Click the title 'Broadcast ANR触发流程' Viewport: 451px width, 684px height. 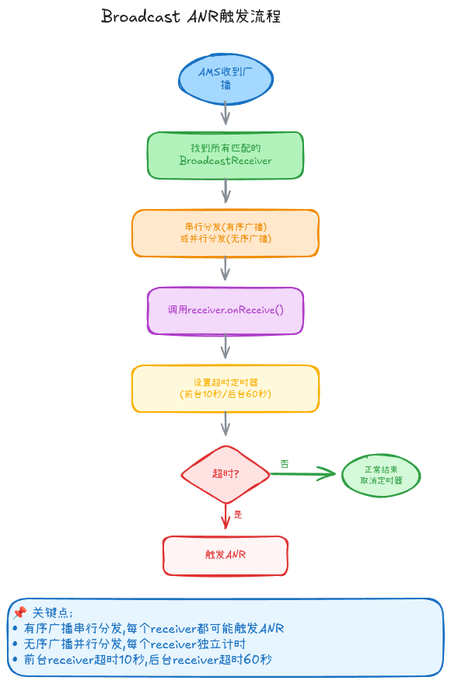click(191, 16)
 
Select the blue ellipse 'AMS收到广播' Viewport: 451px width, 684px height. click(226, 79)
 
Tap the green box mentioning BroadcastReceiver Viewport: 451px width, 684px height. click(226, 155)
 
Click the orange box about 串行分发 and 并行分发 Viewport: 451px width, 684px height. click(226, 233)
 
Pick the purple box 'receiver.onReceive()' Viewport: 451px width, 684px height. click(226, 311)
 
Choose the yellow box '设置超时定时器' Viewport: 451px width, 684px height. click(226, 388)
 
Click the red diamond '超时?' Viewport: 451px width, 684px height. click(226, 474)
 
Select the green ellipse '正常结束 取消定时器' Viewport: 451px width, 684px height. click(381, 475)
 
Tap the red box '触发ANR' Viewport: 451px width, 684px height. click(226, 555)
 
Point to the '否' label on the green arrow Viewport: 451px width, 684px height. click(285, 464)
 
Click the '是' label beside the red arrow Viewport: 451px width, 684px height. click(238, 515)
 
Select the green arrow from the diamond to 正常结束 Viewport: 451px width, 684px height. click(303, 473)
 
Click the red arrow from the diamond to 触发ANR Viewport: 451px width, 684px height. click(226, 516)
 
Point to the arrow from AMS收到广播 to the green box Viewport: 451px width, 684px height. click(226, 113)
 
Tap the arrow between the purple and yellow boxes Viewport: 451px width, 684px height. click(226, 347)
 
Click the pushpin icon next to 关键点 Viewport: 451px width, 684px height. click(19, 613)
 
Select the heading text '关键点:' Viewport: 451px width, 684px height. click(52, 613)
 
